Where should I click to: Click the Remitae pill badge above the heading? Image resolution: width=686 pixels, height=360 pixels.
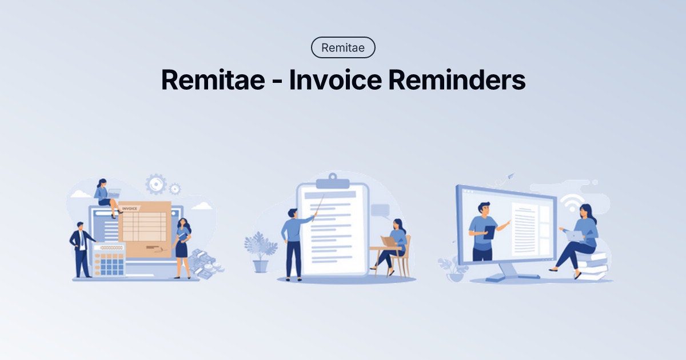coord(343,47)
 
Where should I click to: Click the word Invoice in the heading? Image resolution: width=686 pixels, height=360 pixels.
coord(334,80)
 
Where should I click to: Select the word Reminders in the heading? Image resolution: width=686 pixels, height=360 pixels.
coord(457,80)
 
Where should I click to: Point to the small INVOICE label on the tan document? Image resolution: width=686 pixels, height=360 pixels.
coord(130,209)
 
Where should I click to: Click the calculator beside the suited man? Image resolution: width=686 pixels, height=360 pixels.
coord(109,260)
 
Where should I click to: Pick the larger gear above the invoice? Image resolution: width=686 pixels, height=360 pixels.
coord(155,184)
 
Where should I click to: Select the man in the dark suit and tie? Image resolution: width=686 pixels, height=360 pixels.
coord(81,249)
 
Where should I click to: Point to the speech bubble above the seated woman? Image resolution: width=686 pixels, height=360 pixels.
coord(380,210)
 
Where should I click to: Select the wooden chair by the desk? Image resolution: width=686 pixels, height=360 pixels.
coord(402,260)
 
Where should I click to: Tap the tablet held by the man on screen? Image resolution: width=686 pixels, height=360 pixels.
coord(489,232)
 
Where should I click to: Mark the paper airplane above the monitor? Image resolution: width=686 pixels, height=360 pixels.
coord(510,176)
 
